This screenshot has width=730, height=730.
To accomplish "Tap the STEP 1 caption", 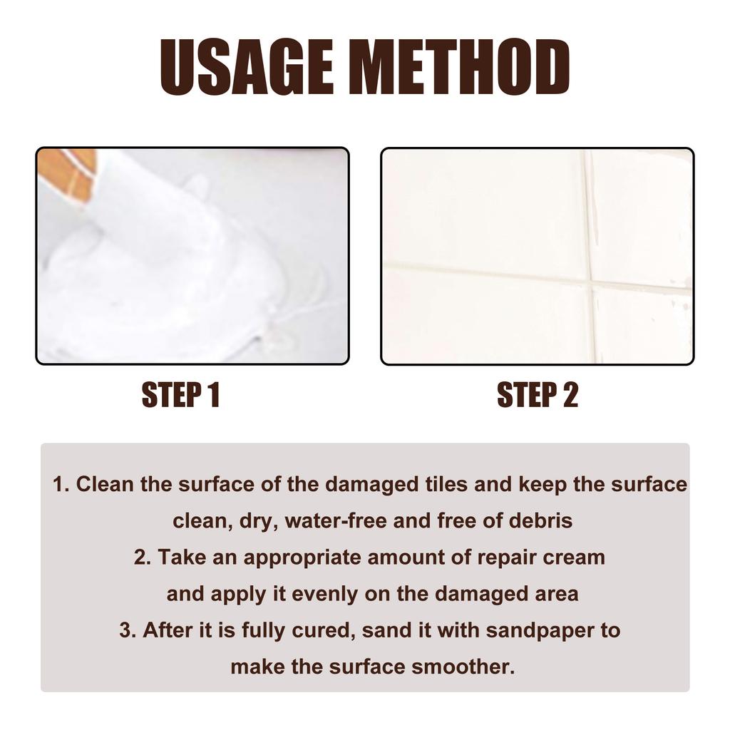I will (180, 395).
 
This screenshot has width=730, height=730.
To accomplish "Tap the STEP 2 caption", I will (537, 395).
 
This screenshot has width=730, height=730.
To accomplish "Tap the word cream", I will (574, 557).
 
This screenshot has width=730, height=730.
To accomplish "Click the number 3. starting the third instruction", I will (128, 631).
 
